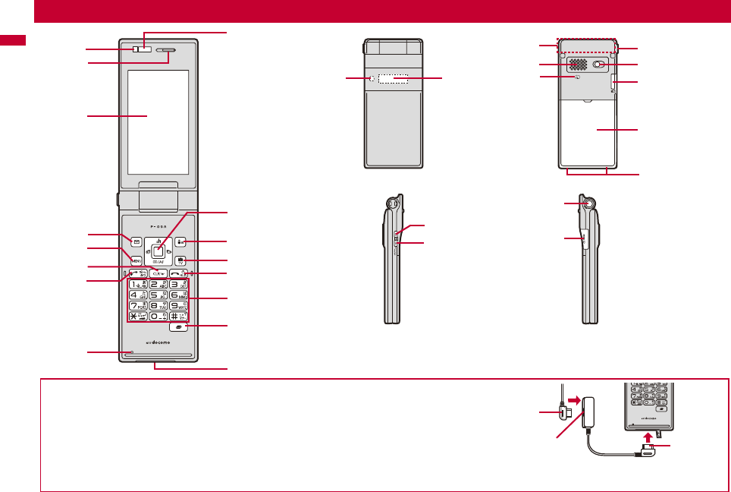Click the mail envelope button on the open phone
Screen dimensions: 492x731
136,243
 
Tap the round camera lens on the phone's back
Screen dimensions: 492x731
600,65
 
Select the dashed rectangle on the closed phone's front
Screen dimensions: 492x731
393,78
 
